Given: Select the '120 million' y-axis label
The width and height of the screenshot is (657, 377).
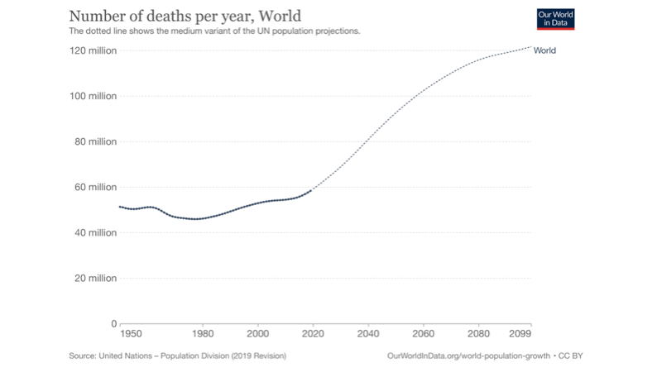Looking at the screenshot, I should pyautogui.click(x=93, y=51).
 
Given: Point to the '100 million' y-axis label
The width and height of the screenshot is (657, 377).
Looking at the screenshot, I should pyautogui.click(x=93, y=97).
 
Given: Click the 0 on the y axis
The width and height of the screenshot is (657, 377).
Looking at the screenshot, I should pyautogui.click(x=113, y=323).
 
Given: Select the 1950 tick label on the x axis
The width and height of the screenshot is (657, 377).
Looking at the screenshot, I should pyautogui.click(x=130, y=335).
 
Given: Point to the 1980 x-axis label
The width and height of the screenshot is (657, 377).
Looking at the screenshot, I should pyautogui.click(x=203, y=335).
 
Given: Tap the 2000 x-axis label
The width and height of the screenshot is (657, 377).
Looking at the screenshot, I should pyautogui.click(x=258, y=335).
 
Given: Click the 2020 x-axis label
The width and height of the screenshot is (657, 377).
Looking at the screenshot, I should pyautogui.click(x=313, y=335).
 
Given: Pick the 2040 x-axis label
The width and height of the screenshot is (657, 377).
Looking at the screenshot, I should pyautogui.click(x=367, y=335).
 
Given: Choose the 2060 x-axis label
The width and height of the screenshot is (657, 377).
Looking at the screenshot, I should pyautogui.click(x=423, y=335).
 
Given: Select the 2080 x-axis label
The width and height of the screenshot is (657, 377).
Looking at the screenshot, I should pyautogui.click(x=477, y=335).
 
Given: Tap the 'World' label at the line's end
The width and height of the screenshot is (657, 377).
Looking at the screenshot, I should pyautogui.click(x=544, y=50).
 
